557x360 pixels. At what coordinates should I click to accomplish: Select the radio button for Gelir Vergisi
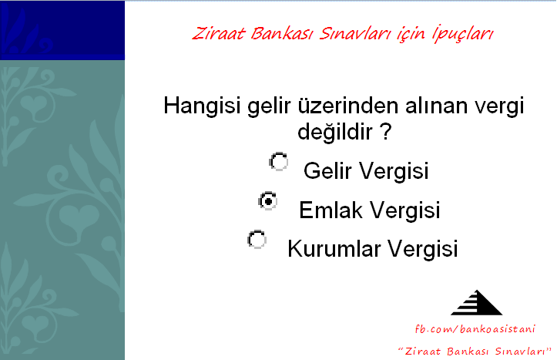coord(279,162)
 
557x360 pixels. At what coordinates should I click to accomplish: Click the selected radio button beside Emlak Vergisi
coord(268,201)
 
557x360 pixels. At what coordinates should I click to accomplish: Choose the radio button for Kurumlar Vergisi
coord(257,240)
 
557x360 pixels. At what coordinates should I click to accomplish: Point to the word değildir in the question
coord(335,132)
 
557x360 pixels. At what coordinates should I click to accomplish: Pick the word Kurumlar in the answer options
coord(334,248)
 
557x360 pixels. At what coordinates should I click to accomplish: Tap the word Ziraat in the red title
coord(219,34)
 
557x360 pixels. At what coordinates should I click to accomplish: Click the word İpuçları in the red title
coord(463,34)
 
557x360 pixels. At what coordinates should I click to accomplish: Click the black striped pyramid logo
coord(476,303)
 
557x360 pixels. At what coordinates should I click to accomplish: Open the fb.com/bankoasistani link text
coord(475,328)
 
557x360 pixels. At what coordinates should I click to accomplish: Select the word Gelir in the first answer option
coord(327,170)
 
